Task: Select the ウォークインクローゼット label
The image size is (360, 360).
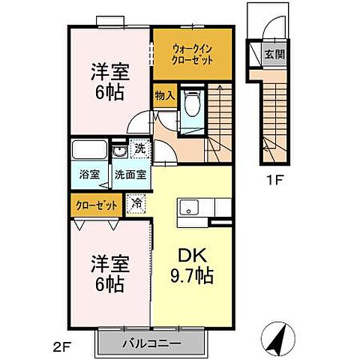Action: tap(192, 53)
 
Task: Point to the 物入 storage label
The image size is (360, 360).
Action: tap(164, 95)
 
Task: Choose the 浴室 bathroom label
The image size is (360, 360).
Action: tap(89, 175)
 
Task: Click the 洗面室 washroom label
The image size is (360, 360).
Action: tap(130, 175)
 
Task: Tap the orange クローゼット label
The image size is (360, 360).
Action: tap(96, 203)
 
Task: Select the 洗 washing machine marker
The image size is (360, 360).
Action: tap(139, 148)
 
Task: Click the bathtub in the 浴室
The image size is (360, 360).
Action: tap(90, 151)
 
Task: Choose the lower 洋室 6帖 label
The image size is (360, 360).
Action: tap(109, 274)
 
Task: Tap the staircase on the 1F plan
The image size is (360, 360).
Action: tap(273, 112)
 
